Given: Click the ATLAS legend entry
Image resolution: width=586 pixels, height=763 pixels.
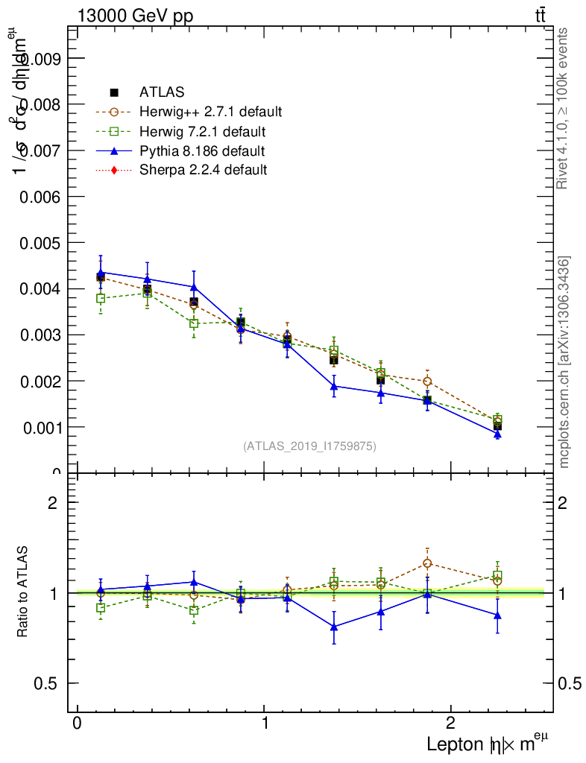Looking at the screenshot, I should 162,92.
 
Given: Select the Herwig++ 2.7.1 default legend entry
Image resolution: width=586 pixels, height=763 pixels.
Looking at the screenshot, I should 210,112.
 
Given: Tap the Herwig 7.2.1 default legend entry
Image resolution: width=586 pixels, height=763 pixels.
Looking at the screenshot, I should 202,132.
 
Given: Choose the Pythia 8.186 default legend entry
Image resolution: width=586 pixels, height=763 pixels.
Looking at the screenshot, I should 202,151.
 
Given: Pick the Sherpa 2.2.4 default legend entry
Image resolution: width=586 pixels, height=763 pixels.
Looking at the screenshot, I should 203,170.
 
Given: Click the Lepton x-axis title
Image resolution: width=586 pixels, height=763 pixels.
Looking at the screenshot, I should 488,744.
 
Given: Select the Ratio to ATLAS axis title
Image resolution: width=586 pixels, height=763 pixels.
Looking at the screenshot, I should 22,592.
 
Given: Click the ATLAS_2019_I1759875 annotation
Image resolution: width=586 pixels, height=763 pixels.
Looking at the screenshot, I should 309,446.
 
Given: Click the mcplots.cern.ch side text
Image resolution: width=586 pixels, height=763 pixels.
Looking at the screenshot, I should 564,362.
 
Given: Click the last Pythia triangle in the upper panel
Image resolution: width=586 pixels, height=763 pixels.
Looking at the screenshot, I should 497,434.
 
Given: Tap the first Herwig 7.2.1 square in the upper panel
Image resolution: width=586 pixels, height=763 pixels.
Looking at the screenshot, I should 101,298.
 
